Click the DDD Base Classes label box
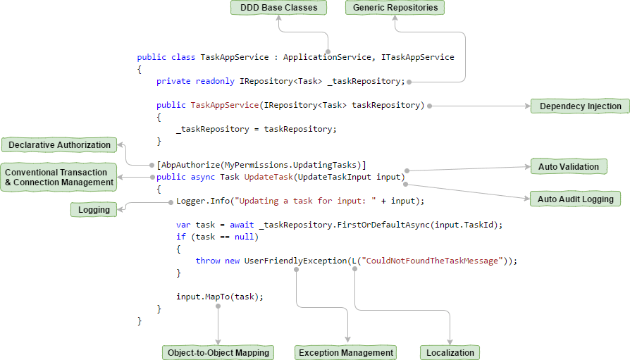[278, 8]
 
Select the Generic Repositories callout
[395, 8]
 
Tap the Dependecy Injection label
[580, 106]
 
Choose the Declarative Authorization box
[59, 145]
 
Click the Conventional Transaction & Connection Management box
[59, 178]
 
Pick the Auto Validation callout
[568, 167]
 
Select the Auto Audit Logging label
[575, 199]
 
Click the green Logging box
[94, 209]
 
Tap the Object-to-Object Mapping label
[217, 352]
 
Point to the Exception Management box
[345, 352]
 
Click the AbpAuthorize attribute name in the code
[190, 164]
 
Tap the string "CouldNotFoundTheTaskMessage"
[432, 261]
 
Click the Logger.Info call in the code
[204, 201]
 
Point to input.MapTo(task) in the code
[219, 297]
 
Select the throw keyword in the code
[208, 261]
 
